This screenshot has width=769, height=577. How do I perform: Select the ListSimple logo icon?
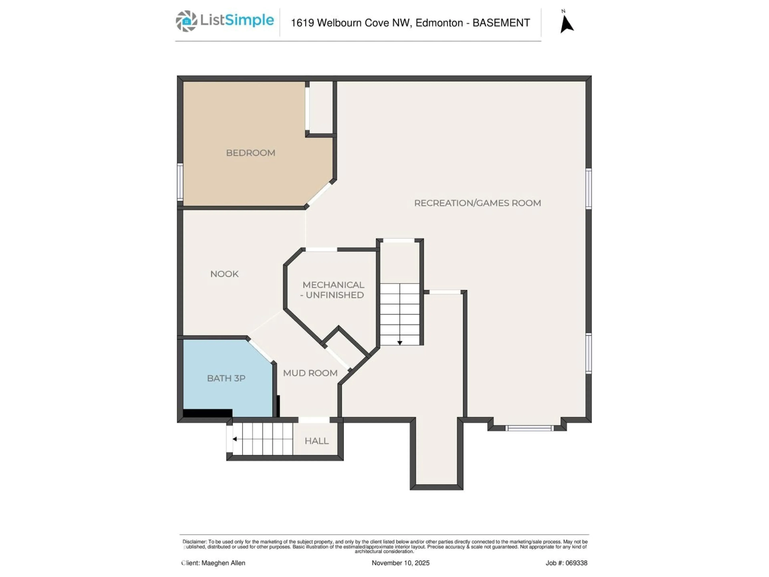pos(186,21)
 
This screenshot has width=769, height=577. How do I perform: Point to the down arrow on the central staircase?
pos(400,343)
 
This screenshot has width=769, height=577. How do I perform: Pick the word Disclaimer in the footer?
pos(194,542)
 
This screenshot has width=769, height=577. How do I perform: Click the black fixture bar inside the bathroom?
pos(207,413)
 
